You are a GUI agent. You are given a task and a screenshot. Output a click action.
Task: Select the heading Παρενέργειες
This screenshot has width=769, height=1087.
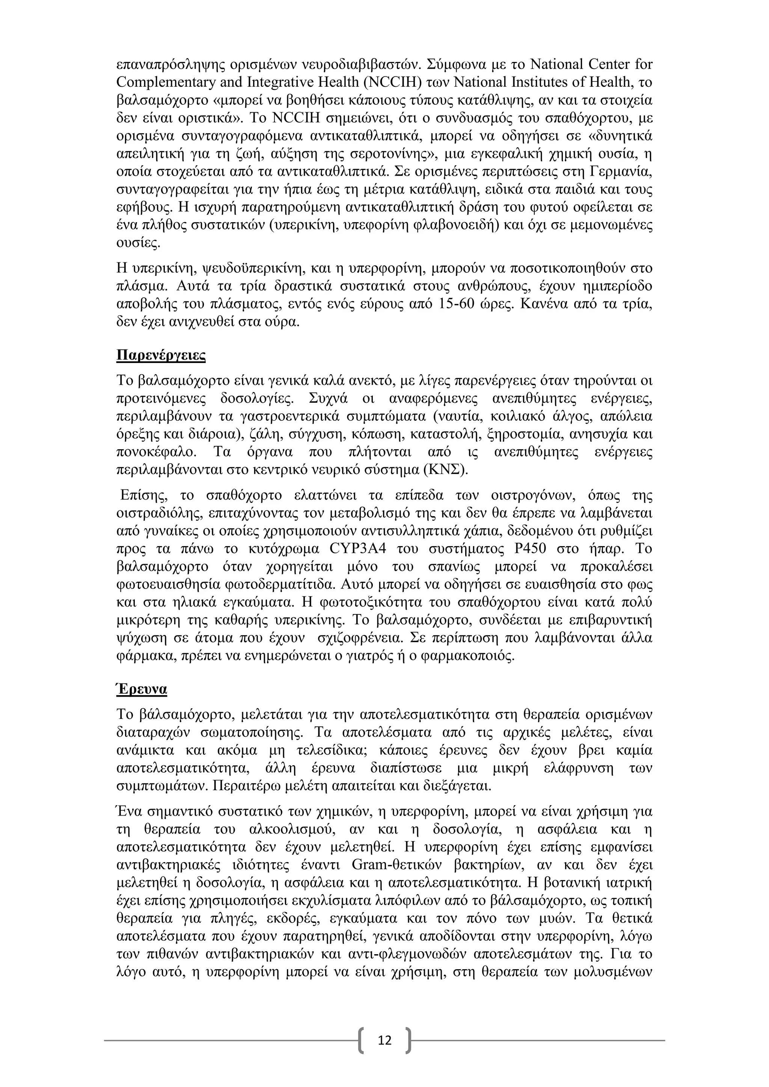click(x=161, y=355)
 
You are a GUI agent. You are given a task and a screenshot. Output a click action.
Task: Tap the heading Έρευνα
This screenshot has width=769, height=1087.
click(x=142, y=689)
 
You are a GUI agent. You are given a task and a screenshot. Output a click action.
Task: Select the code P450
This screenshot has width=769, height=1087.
click(x=530, y=549)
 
